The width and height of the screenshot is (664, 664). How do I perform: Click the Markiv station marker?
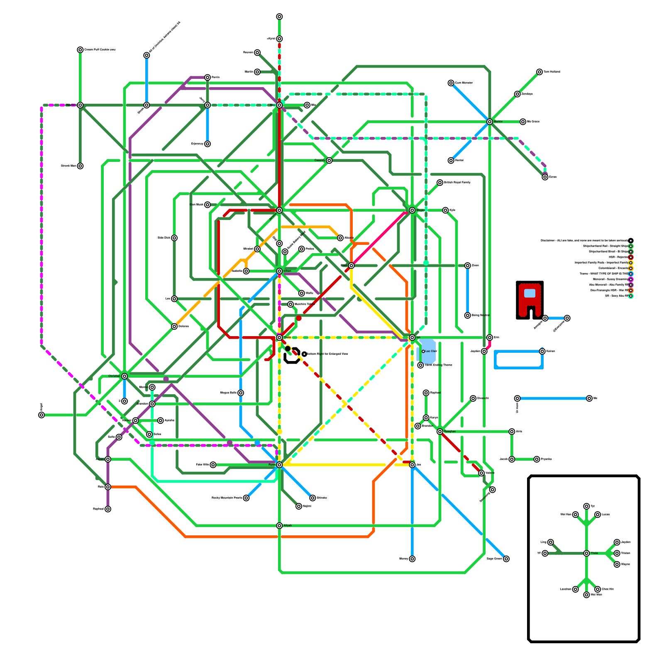(490, 122)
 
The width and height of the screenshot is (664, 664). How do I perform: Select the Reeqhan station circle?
(440, 432)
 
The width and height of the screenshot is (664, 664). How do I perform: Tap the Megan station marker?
(412, 210)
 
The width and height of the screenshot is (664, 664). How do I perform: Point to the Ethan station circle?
(279, 271)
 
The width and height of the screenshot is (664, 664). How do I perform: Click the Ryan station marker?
(279, 465)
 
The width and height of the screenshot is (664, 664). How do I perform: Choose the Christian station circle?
(124, 376)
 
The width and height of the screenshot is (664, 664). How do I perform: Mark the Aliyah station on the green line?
(279, 526)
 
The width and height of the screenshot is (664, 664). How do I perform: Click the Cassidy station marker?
(329, 161)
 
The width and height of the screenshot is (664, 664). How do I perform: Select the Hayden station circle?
(80, 105)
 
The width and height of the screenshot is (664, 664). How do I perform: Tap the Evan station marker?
(352, 266)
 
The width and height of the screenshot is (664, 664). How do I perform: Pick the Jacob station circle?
(512, 459)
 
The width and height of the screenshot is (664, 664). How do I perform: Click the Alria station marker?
(512, 432)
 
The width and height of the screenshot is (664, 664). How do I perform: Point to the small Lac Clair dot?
(423, 352)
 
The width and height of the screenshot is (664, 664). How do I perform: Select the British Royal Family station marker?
(440, 183)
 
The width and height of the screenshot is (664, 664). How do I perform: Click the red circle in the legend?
(631, 257)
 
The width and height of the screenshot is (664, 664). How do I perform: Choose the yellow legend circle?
(631, 263)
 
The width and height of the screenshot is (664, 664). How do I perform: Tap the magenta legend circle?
(631, 279)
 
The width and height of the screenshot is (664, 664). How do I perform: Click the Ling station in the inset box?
(550, 542)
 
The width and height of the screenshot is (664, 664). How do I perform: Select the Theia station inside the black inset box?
(586, 553)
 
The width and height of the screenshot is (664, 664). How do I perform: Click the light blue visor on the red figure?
(530, 293)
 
